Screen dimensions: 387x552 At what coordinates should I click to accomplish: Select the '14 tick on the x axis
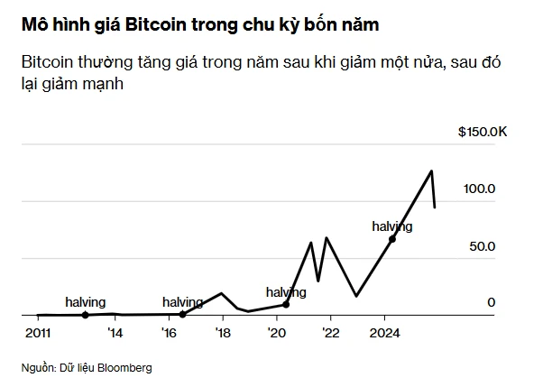[114, 332]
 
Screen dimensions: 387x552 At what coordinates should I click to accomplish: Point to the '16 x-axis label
[169, 332]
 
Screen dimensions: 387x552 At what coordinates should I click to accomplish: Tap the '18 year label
[223, 332]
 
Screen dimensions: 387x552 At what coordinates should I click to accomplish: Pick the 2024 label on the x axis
[385, 332]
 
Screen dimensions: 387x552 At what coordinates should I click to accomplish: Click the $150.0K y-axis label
[483, 132]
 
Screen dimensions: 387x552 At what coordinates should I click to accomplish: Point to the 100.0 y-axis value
[479, 189]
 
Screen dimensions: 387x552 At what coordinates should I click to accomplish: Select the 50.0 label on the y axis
[483, 245]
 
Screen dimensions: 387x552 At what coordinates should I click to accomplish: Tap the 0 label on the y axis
[492, 302]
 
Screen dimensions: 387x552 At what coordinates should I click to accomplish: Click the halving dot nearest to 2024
[392, 239]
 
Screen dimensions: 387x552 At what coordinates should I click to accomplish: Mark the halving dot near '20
[286, 305]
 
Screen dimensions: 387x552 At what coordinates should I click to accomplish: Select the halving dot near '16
[182, 314]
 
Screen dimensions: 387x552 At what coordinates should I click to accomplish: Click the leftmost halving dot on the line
[85, 315]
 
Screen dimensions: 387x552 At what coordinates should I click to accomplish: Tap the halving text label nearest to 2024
[391, 226]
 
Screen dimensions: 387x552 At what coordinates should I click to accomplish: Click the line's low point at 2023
[356, 295]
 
